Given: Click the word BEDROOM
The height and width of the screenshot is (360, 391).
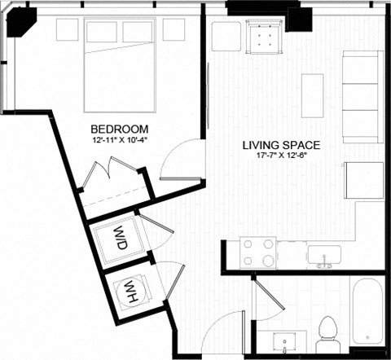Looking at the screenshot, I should [x=119, y=129].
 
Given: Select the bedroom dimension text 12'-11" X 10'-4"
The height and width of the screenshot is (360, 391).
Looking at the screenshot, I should [x=119, y=139].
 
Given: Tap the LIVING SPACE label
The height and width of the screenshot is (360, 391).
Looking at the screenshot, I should [x=281, y=146].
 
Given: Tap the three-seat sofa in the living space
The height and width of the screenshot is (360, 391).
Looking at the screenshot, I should [x=362, y=96].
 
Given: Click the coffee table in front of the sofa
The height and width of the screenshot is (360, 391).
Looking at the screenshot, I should [x=312, y=96].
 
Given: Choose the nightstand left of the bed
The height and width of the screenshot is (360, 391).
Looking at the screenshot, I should [x=65, y=30].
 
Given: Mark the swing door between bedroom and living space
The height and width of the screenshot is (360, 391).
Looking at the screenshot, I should [x=181, y=161].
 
